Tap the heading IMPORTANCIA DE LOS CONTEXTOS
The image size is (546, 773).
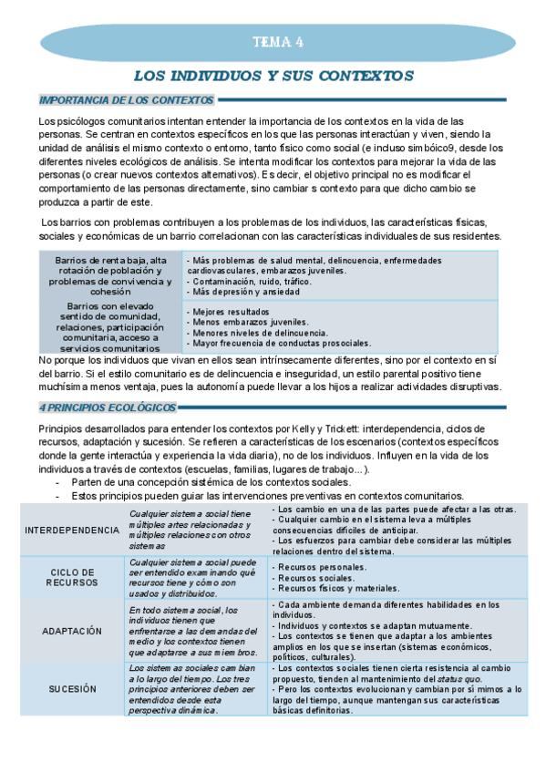[x=127, y=100]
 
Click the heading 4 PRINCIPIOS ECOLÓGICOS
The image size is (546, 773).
[x=108, y=407]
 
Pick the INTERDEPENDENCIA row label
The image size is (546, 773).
[x=72, y=531]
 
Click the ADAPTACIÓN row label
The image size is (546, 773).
[x=72, y=630]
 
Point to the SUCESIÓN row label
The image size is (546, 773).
[x=72, y=691]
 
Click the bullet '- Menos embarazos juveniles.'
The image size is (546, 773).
[x=248, y=323]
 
